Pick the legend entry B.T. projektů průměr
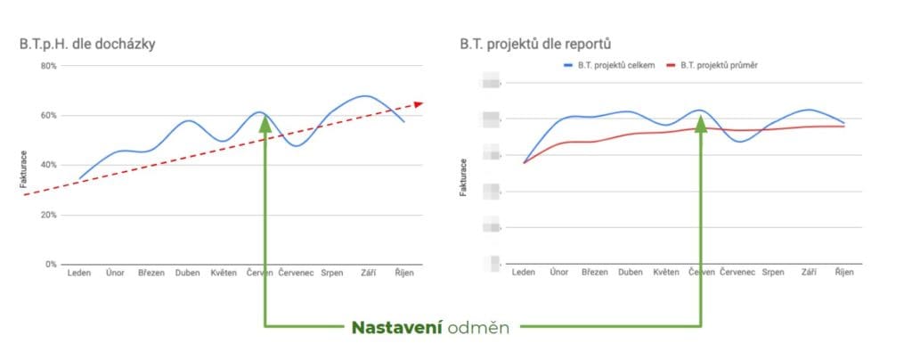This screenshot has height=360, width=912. [x=719, y=65]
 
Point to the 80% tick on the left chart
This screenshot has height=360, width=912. [x=45, y=66]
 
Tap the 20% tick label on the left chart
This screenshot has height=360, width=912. [x=45, y=215]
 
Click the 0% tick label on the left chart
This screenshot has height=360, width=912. [x=49, y=265]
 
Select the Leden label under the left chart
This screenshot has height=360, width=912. [x=78, y=274]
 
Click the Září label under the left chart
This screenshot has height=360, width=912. [x=368, y=274]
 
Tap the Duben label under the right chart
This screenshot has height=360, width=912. [x=630, y=272]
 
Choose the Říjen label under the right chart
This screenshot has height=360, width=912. [x=843, y=272]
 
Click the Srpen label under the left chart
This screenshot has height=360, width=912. [x=331, y=274]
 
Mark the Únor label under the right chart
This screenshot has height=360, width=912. [x=559, y=272]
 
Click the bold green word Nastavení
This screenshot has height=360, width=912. [x=397, y=328]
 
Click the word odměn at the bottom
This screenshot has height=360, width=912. [x=479, y=328]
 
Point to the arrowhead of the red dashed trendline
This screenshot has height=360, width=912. [x=419, y=103]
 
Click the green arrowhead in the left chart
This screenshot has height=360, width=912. [x=265, y=123]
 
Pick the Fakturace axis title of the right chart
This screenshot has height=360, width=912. [x=464, y=177]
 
